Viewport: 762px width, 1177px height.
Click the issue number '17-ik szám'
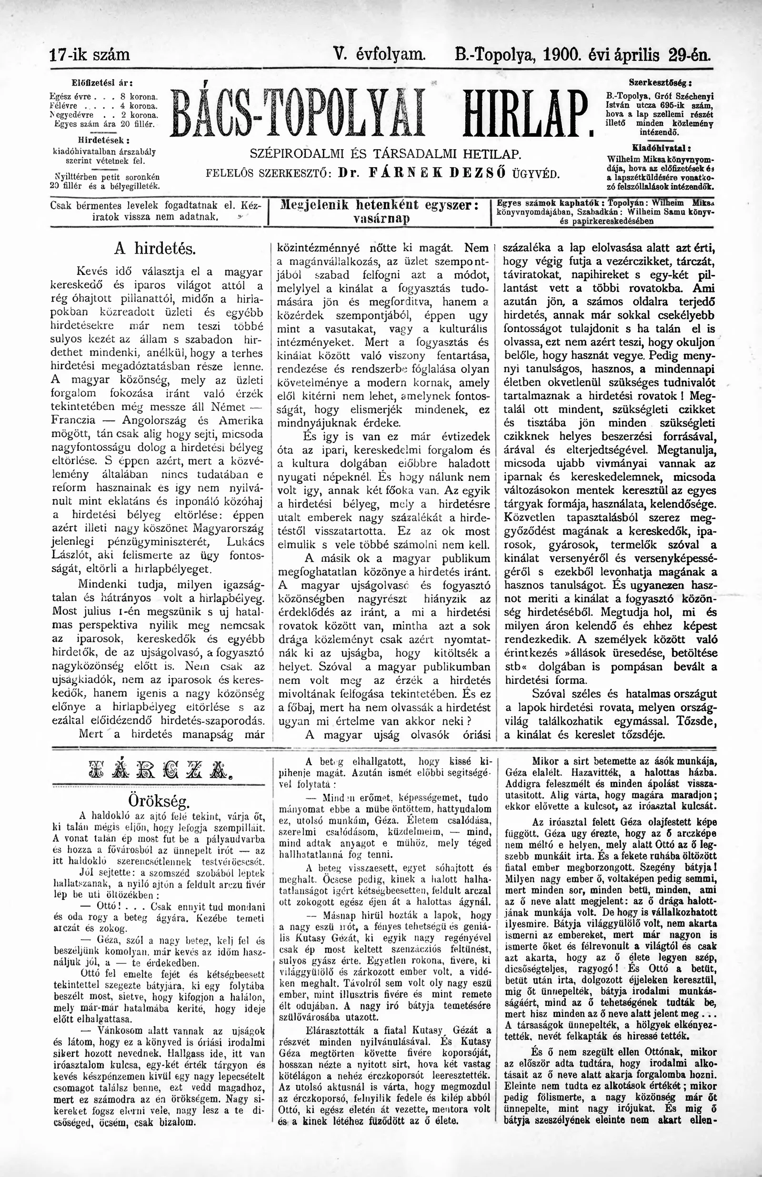(x=90, y=54)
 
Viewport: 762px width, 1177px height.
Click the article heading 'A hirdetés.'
(x=155, y=249)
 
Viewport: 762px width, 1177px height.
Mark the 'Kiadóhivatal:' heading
(x=661, y=147)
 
